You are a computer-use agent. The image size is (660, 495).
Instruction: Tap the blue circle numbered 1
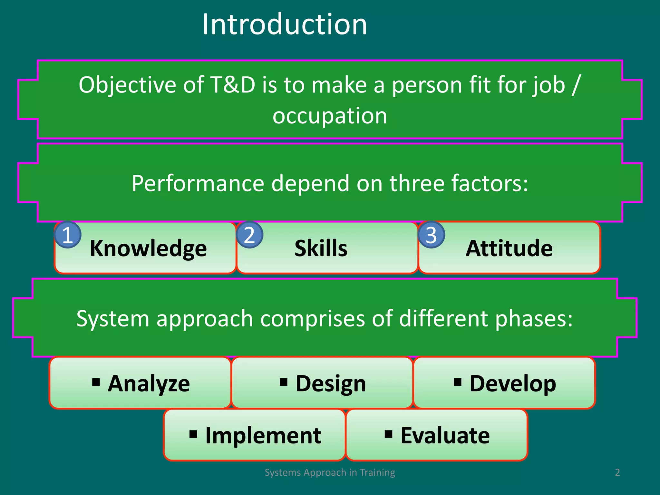pos(67,235)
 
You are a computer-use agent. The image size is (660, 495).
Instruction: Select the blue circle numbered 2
pos(249,235)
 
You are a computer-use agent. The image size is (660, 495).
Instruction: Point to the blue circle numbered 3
pos(431,235)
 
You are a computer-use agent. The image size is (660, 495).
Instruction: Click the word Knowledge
pos(148,248)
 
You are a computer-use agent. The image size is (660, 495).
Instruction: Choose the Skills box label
pos(321,248)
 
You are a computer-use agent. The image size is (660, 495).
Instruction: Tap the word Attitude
pos(509,248)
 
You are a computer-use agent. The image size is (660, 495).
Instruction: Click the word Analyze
pos(149,384)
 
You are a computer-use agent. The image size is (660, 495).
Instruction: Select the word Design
pos(331,384)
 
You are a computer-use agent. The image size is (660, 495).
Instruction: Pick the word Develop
pos(513,384)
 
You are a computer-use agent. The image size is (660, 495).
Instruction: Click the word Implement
pos(263,436)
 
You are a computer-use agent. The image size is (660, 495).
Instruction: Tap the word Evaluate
pos(445,436)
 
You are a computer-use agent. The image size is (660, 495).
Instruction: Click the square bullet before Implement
pos(193,434)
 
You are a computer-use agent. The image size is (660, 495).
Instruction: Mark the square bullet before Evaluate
pos(388,434)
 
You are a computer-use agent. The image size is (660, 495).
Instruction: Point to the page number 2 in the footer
pos(617,472)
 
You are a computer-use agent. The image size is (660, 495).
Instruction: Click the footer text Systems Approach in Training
pos(330,472)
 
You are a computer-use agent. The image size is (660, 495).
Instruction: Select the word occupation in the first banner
pos(330,116)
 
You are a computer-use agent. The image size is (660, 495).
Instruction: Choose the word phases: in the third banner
pos(534,319)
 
